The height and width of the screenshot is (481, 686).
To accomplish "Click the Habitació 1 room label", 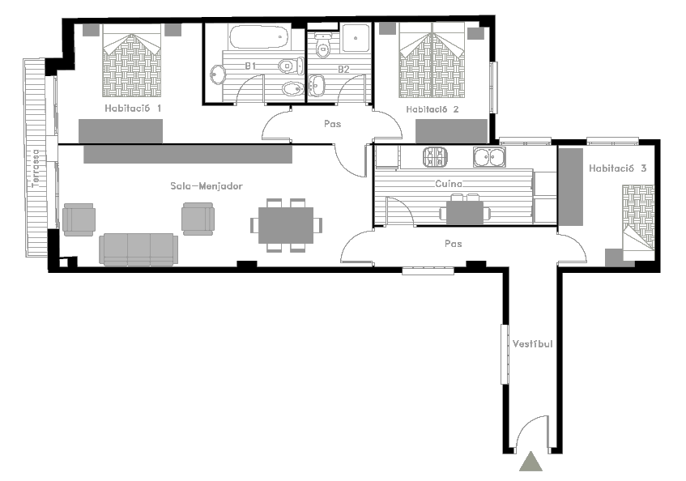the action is pos(133,108).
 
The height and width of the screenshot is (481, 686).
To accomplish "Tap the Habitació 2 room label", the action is pos(432,109).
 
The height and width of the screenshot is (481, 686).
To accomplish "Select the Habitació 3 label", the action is pos(617,168).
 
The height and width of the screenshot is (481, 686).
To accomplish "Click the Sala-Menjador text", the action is pos(206,186).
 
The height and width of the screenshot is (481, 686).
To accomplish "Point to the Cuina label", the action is pos(449,184).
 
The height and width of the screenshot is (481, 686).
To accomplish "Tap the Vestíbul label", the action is pos(532,343).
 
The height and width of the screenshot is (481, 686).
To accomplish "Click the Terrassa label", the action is pos(36,168).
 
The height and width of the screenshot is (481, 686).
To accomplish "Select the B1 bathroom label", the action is pos(250,66).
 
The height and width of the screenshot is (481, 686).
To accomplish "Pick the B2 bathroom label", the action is pos(343,69).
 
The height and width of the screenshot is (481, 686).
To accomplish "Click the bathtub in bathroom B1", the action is pos(258,36).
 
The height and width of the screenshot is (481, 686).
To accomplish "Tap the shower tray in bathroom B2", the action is pos(356,38).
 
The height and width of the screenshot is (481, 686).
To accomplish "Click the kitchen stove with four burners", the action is pos(435,157).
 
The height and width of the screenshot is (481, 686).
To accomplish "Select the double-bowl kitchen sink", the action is pos(489,157).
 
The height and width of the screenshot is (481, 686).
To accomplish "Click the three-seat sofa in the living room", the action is pos(138,249).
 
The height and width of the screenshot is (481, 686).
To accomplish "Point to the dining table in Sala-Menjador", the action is pos(286,225).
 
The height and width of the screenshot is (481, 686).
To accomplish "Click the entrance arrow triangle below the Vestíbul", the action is pos(531,462).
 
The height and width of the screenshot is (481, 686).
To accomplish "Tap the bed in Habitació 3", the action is pos(639,223).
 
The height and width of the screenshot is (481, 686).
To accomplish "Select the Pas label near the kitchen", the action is pos(454,244).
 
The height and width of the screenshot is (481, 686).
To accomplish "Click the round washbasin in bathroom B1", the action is pos(217,74).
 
